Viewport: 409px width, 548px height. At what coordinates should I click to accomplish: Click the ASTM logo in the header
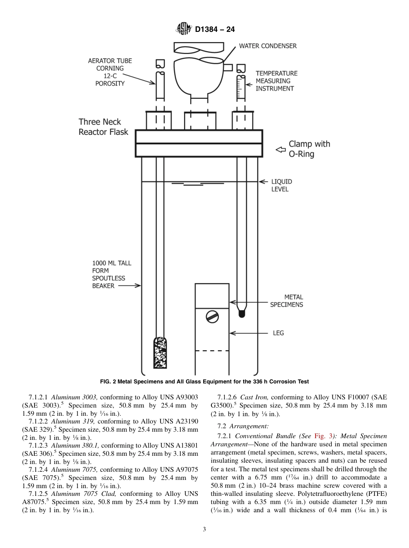pos(184,29)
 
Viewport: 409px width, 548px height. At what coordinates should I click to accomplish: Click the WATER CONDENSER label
pos(267,46)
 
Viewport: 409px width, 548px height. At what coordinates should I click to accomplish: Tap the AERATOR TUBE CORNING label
pos(110,72)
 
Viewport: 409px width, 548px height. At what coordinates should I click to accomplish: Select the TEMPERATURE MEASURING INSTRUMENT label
pos(276,81)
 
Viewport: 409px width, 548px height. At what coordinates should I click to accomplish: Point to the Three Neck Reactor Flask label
pos(103,127)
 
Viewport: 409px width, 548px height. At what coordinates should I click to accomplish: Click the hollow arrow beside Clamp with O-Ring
pos(281,149)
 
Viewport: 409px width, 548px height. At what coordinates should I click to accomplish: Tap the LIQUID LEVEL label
pos(282,185)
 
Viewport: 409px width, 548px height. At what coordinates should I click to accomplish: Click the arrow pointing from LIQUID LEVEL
pos(263,182)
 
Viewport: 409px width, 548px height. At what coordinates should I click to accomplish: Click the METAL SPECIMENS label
pos(286,301)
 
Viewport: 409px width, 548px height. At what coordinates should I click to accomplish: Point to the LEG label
pos(278,333)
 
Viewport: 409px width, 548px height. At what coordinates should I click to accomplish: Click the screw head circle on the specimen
pos(212,317)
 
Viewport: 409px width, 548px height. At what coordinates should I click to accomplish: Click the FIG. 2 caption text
pos(204,382)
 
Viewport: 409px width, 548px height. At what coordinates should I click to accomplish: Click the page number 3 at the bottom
pos(204,529)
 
